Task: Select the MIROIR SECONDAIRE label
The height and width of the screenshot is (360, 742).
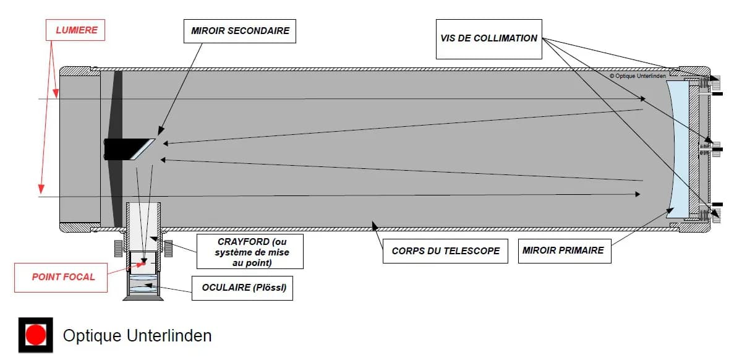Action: (x=240, y=30)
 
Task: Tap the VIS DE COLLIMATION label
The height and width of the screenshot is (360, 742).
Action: (x=488, y=38)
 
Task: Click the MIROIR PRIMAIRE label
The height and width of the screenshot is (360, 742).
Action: (x=564, y=251)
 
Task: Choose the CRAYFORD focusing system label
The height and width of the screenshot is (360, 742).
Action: (x=250, y=251)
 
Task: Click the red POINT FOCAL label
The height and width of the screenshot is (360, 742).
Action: (x=63, y=276)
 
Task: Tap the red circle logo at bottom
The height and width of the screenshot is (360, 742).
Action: (x=36, y=335)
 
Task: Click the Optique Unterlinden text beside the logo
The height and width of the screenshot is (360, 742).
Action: (x=137, y=336)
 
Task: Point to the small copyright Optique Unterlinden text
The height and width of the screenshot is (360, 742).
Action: (x=639, y=76)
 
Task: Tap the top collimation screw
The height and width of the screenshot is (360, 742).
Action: (x=715, y=81)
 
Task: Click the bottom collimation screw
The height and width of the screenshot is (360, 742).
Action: (x=715, y=215)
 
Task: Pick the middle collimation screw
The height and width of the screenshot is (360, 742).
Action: (x=715, y=148)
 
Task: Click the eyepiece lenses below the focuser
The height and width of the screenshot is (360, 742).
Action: (x=143, y=285)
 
